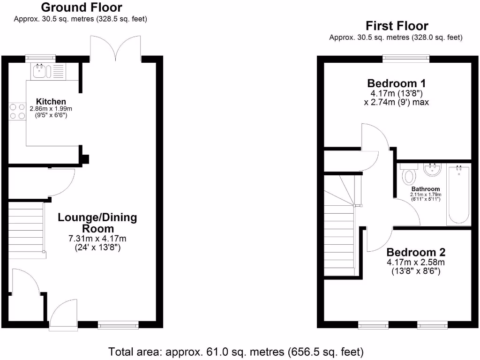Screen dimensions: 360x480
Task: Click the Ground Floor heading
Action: pos(82,7)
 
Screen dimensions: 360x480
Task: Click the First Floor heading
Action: pos(397,25)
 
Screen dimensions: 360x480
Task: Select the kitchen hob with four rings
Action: pos(17,111)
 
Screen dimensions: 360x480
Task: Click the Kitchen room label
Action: pos(51,101)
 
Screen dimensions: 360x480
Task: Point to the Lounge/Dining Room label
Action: pos(97,223)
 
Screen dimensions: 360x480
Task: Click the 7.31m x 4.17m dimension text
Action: pos(97,239)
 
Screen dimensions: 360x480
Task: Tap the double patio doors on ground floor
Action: pos(115,49)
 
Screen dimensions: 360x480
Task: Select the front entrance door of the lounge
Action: pos(64,312)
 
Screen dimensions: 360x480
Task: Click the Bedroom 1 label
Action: pos(397,83)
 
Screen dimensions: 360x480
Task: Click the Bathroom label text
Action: pos(426,189)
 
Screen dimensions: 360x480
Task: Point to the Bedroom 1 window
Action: pos(406,58)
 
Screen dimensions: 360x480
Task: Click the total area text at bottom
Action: pos(236,351)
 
